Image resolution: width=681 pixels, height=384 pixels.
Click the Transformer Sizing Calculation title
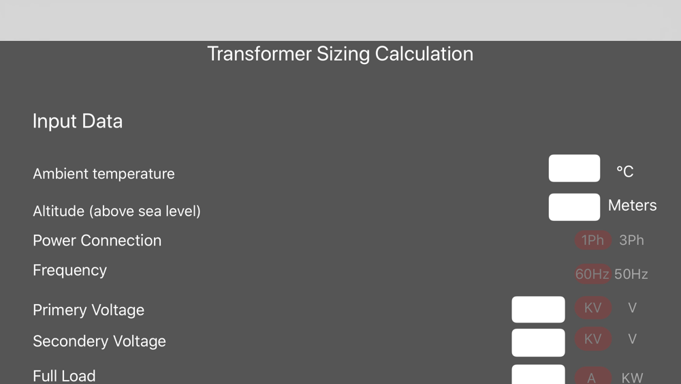pos(340,54)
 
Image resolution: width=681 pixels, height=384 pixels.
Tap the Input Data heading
pos(78,121)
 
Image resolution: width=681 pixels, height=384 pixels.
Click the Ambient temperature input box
pos(574,168)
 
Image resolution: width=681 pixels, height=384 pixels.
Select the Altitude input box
pos(574,207)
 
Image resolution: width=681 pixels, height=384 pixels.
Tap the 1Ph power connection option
pos(593,240)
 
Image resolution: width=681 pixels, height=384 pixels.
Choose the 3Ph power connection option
pos(631,240)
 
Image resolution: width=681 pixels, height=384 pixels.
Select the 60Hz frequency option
pos(592,274)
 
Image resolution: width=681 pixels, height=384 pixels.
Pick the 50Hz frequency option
pos(631,274)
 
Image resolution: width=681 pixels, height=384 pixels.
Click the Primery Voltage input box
pos(538,310)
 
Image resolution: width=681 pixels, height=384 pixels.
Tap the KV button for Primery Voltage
pos(593,308)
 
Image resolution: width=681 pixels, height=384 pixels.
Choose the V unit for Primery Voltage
pos(633,308)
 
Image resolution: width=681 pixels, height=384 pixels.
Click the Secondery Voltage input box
pos(538,342)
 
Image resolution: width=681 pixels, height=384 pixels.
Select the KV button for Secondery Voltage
pos(593,339)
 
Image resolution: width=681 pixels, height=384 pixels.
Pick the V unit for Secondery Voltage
pos(633,339)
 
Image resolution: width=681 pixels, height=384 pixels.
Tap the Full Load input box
pos(538,374)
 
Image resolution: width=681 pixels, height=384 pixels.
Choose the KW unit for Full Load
pos(633,377)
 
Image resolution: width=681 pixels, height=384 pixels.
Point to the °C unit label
pos(625,171)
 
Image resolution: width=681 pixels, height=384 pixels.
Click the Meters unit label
pos(633,205)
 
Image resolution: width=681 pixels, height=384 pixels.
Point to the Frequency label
pos(69,271)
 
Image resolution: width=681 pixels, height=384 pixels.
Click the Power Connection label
pos(97,241)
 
